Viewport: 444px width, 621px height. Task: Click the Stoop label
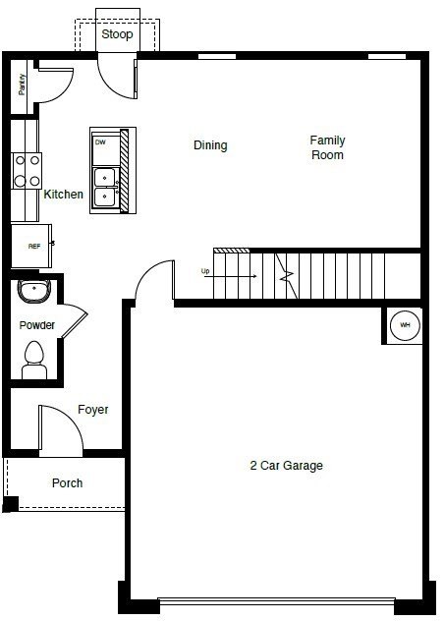pyautogui.click(x=117, y=34)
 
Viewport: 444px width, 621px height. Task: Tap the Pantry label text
pyautogui.click(x=22, y=85)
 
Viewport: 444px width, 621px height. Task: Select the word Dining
pyautogui.click(x=210, y=145)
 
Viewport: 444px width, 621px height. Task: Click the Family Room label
pyautogui.click(x=327, y=147)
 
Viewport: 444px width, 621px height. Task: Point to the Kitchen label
pyautogui.click(x=64, y=195)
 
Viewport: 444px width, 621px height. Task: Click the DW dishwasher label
pyautogui.click(x=100, y=141)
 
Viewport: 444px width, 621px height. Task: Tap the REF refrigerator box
pyautogui.click(x=31, y=246)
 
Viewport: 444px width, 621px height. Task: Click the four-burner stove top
pyautogui.click(x=27, y=171)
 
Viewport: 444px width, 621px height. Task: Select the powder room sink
pyautogui.click(x=34, y=291)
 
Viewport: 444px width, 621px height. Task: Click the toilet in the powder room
pyautogui.click(x=34, y=360)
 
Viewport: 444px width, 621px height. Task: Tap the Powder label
pyautogui.click(x=36, y=325)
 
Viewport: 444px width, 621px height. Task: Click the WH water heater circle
pyautogui.click(x=405, y=325)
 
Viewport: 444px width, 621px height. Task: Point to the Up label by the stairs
pyautogui.click(x=205, y=271)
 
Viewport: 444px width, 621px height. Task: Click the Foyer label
pyautogui.click(x=92, y=410)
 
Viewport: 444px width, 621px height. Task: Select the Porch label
pyautogui.click(x=68, y=483)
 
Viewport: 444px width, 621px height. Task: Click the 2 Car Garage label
pyautogui.click(x=287, y=466)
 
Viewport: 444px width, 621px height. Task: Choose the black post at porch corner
pyautogui.click(x=10, y=504)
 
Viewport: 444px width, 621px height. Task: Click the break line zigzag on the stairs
pyautogui.click(x=287, y=276)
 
